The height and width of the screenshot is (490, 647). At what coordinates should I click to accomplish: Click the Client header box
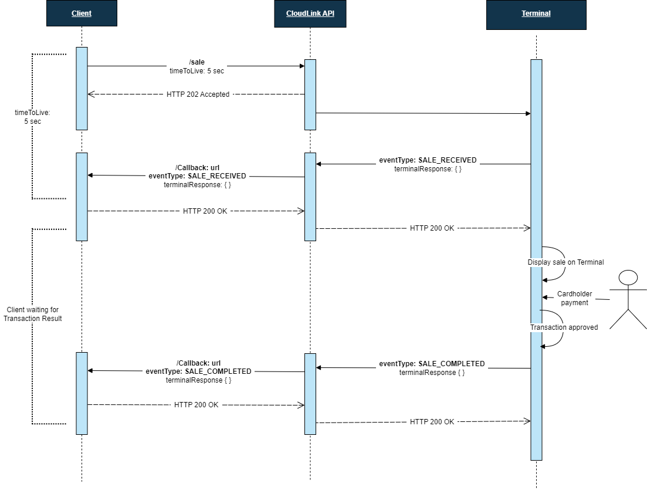pyautogui.click(x=82, y=13)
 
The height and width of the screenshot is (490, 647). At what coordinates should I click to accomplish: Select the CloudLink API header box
pyautogui.click(x=310, y=13)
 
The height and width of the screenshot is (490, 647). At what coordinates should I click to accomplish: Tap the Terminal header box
pyautogui.click(x=536, y=13)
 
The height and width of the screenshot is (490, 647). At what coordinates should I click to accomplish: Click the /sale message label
pyautogui.click(x=197, y=62)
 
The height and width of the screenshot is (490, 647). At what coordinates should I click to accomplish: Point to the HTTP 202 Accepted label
pyautogui.click(x=198, y=94)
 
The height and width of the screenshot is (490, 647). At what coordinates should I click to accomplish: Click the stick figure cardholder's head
pyautogui.click(x=628, y=278)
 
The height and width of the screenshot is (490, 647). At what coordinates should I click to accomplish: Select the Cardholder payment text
pyautogui.click(x=574, y=298)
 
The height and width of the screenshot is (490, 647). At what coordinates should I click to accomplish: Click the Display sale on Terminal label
pyautogui.click(x=565, y=262)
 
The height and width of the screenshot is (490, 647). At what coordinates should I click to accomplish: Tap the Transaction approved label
pyautogui.click(x=564, y=327)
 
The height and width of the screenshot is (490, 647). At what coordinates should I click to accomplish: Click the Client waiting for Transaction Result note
pyautogui.click(x=32, y=314)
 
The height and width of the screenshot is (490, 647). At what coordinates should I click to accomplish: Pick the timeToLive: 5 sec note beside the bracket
pyautogui.click(x=33, y=116)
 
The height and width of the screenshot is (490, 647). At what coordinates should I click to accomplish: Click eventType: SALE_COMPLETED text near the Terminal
pyautogui.click(x=432, y=364)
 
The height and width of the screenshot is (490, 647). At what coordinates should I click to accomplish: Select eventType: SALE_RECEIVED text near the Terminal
pyautogui.click(x=428, y=160)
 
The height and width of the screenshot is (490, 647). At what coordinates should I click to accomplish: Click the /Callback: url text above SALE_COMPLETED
pyautogui.click(x=198, y=363)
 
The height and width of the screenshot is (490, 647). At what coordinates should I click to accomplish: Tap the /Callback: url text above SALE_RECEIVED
pyautogui.click(x=198, y=167)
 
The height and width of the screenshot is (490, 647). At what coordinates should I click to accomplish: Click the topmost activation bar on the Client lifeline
pyautogui.click(x=82, y=88)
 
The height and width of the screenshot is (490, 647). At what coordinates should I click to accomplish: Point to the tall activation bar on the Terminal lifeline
pyautogui.click(x=536, y=258)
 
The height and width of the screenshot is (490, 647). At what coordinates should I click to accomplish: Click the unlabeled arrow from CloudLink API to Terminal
pyautogui.click(x=422, y=113)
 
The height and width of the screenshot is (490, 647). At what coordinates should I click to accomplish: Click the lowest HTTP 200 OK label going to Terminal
pyautogui.click(x=432, y=421)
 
